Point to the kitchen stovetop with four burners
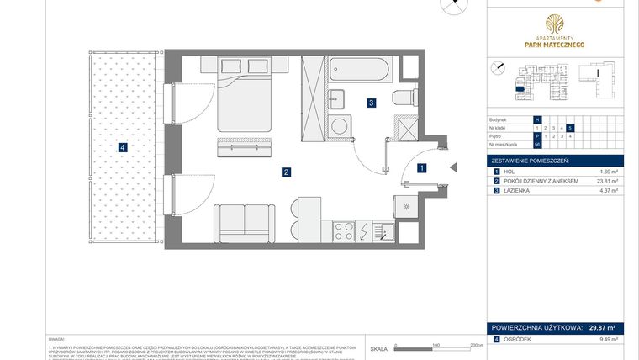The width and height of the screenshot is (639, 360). coord(344,230)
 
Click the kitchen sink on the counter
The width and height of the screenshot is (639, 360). coord(387,231)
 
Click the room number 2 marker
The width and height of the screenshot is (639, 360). coord(287,172)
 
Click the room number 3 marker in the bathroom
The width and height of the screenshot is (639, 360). coord(371,103)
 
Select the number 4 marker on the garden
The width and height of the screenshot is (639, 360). coord(123,148)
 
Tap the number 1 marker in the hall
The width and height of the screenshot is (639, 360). coord(421,167)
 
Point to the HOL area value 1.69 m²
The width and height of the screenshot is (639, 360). coord(606,171)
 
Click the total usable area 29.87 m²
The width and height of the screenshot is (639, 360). coord(600,329)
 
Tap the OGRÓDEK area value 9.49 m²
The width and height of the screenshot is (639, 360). coord(606,340)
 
